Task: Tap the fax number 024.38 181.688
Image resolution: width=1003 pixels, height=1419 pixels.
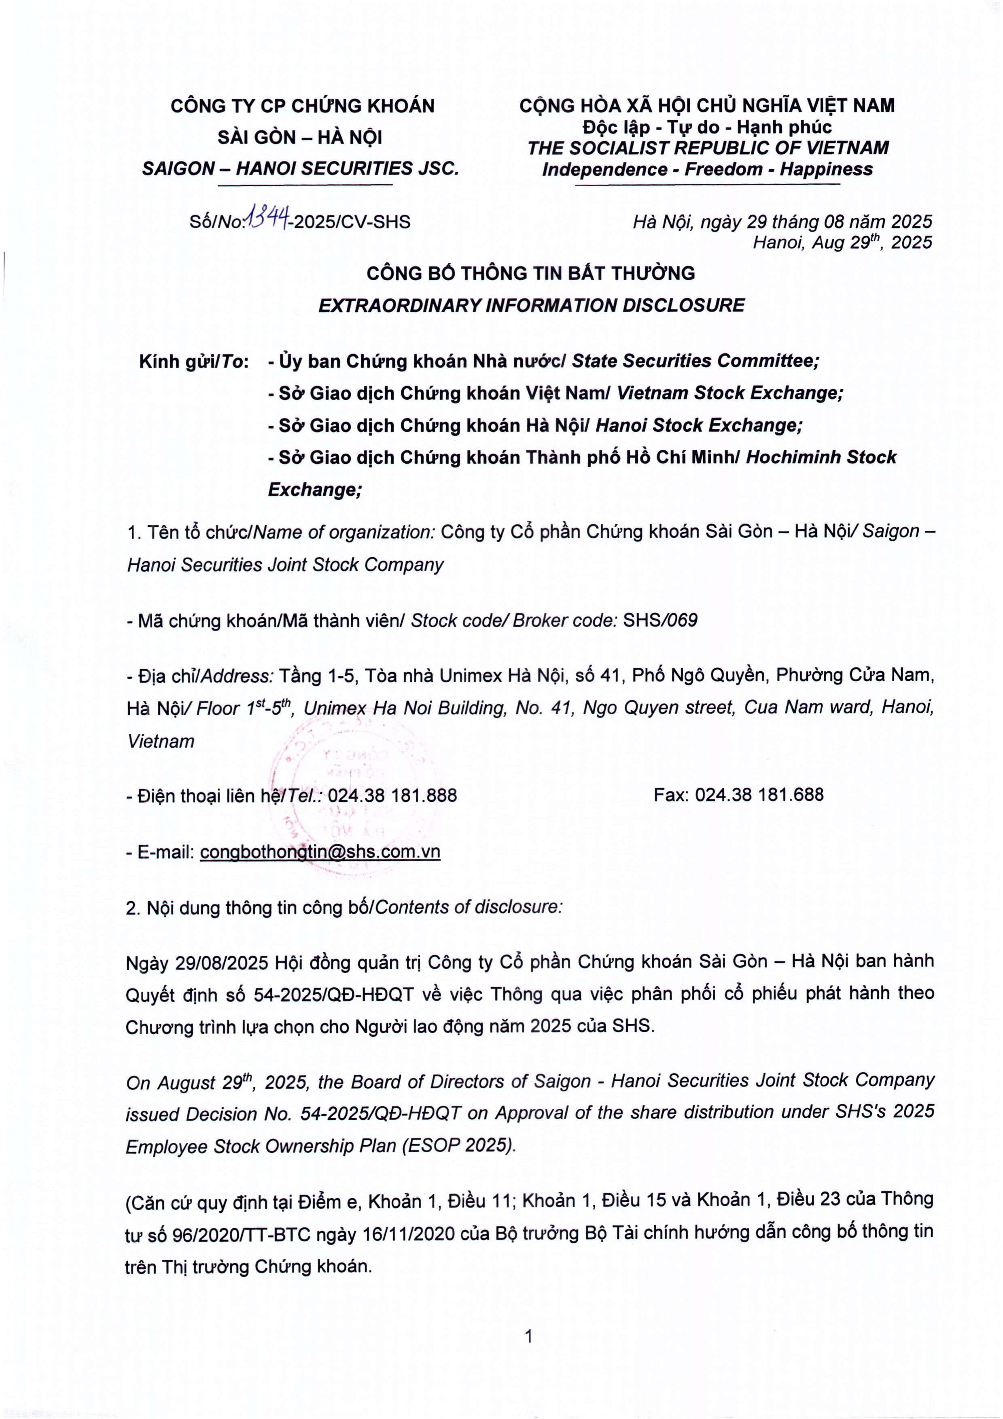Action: pos(759,795)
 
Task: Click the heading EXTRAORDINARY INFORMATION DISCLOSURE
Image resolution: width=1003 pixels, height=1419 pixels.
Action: pos(531,305)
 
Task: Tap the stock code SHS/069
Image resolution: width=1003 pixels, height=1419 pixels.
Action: pos(659,620)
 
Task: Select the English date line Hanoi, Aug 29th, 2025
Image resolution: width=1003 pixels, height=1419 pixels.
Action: pos(842,242)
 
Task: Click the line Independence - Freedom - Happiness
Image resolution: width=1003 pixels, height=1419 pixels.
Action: pos(707,169)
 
